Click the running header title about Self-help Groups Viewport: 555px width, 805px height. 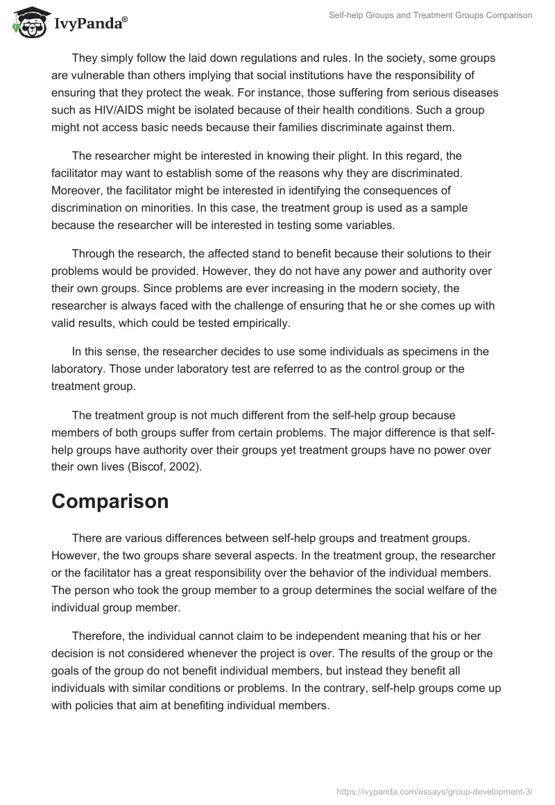click(429, 15)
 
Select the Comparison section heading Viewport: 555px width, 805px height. click(110, 501)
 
